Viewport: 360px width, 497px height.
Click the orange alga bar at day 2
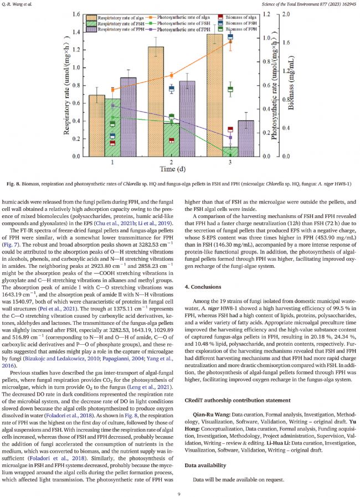[x=156, y=101]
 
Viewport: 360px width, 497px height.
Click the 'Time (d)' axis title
[x=172, y=170]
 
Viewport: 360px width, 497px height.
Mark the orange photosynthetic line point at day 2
[x=172, y=75]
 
